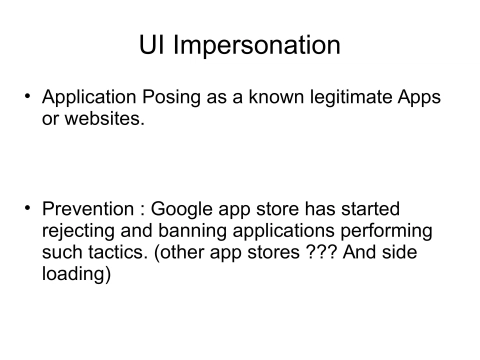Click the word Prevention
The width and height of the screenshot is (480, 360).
pos(87,212)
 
